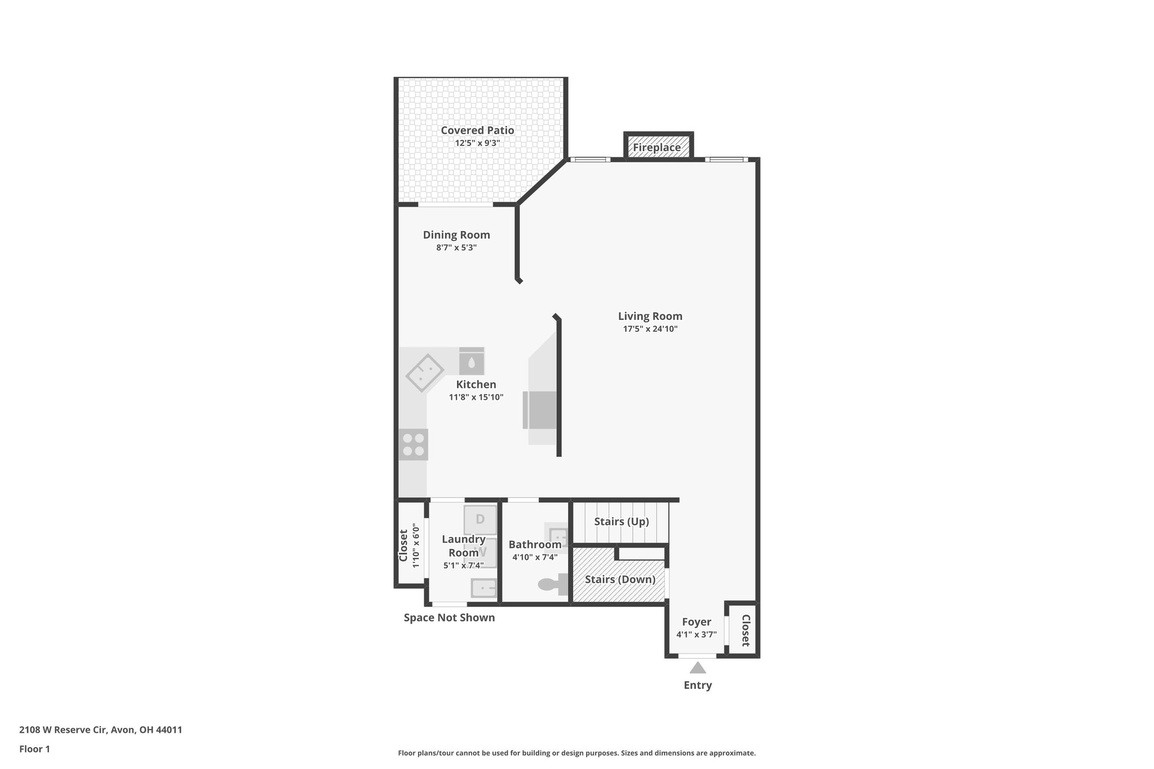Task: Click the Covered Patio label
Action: click(477, 130)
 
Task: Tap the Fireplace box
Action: click(657, 147)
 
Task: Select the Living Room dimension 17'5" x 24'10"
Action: click(650, 329)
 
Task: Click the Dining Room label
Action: click(456, 235)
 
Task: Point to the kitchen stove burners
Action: click(413, 445)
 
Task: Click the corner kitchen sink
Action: click(425, 373)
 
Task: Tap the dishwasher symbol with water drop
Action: click(472, 361)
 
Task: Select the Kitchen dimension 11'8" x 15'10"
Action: click(476, 397)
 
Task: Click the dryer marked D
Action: click(480, 519)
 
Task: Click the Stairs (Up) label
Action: click(621, 522)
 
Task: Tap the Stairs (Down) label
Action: click(620, 580)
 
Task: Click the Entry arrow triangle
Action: click(698, 668)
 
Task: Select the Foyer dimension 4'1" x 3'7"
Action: click(696, 634)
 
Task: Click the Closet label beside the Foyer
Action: click(745, 630)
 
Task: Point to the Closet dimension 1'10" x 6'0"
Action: click(416, 545)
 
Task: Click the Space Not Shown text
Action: click(449, 617)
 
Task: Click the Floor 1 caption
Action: click(34, 749)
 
